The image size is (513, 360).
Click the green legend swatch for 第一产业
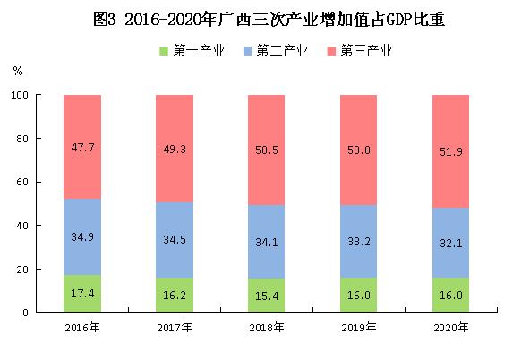[163, 50]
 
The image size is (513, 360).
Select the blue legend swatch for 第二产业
[247, 50]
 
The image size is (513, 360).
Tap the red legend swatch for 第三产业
[330, 50]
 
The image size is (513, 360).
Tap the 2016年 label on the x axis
[81, 328]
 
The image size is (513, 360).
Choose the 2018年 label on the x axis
[266, 328]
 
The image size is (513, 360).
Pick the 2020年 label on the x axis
[450, 328]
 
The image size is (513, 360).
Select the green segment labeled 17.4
[81, 293]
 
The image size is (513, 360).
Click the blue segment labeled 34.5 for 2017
[174, 239]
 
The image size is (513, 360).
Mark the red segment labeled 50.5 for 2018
[266, 150]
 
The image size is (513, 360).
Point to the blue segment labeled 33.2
[358, 241]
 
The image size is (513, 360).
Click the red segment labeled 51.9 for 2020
[450, 151]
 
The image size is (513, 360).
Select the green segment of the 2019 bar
[358, 295]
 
